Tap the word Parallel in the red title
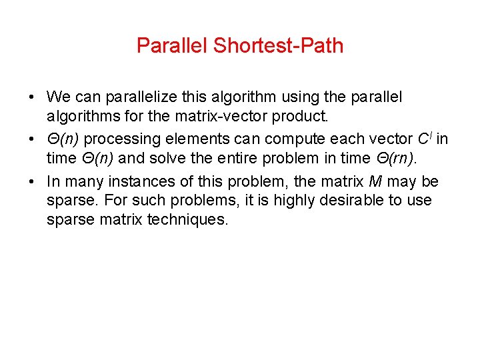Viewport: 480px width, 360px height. [x=173, y=46]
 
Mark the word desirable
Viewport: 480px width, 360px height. [x=341, y=201]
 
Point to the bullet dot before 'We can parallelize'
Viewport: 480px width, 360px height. [x=33, y=97]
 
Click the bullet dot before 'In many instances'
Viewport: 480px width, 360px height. [x=33, y=182]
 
